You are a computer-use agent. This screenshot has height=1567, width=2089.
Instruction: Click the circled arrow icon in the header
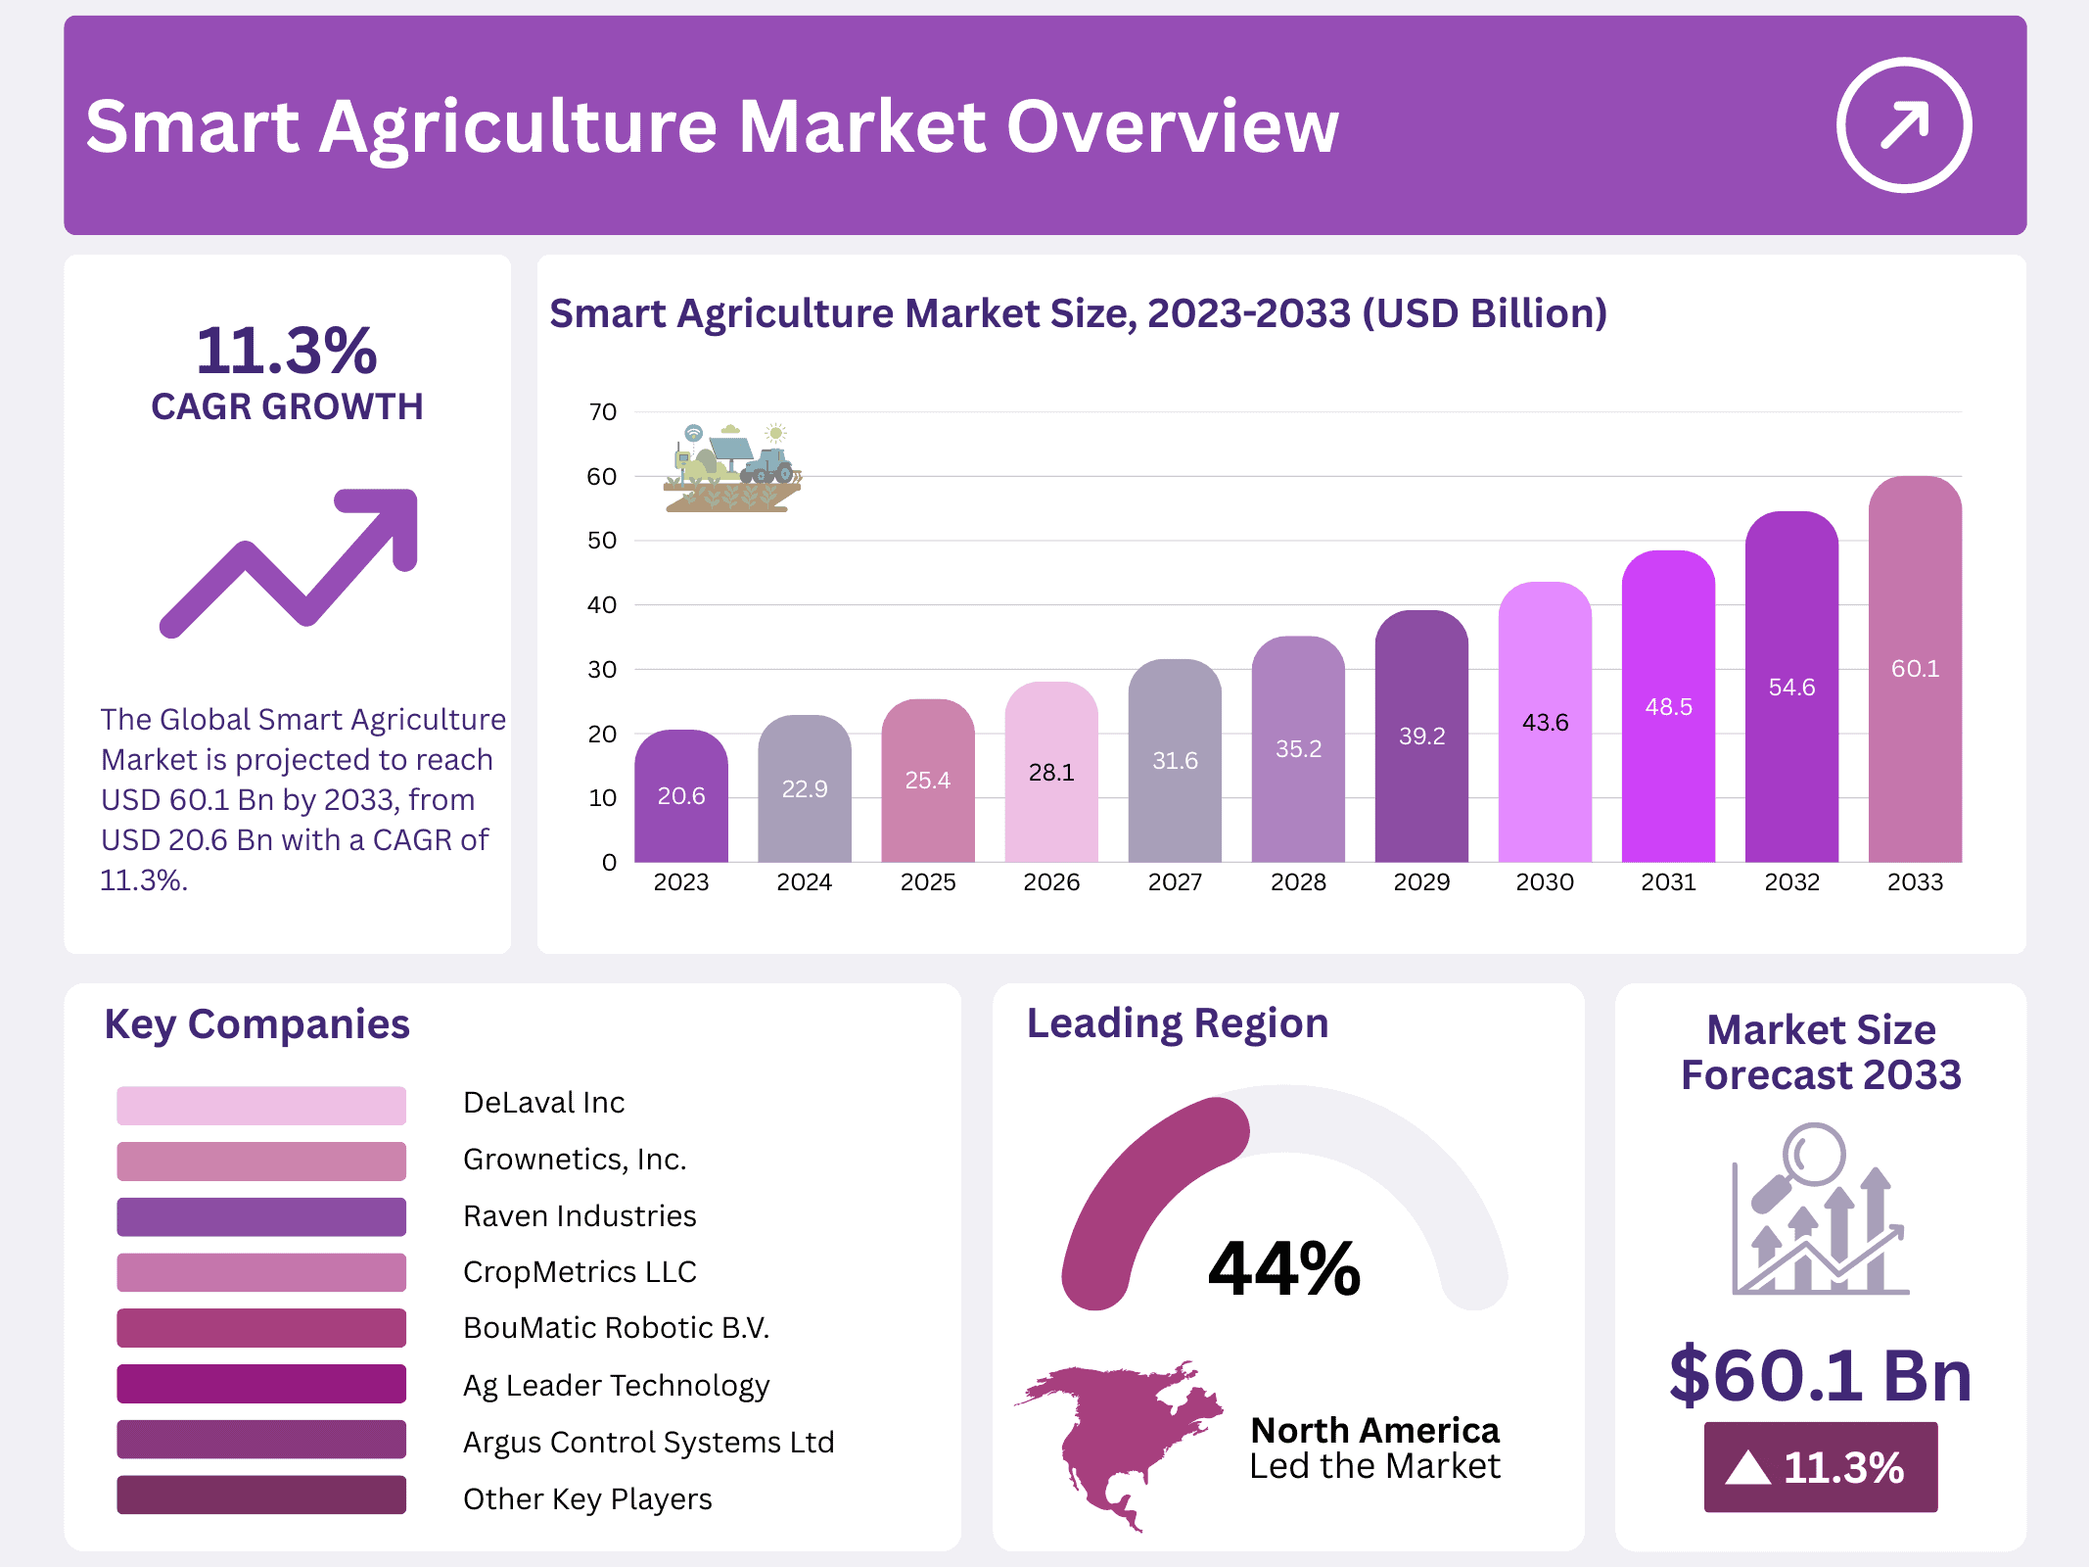click(x=1903, y=125)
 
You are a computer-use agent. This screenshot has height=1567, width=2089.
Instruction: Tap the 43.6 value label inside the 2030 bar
click(x=1545, y=723)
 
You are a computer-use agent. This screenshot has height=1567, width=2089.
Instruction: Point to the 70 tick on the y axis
click(x=602, y=412)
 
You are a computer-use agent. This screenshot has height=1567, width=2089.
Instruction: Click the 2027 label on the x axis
click(x=1175, y=882)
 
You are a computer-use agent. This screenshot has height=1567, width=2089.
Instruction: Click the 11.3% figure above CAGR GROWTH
click(x=286, y=351)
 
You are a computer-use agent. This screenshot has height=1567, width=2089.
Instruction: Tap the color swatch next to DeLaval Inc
click(x=260, y=1105)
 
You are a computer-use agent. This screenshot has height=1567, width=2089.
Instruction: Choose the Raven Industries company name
click(x=580, y=1215)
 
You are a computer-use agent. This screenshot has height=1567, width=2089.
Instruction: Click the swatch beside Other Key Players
click(x=260, y=1495)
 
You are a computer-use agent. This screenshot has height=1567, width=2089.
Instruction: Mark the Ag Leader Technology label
click(x=616, y=1385)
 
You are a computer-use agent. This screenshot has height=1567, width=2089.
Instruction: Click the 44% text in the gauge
click(x=1283, y=1268)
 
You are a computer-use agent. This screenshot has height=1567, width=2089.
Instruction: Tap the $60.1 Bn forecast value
click(x=1820, y=1375)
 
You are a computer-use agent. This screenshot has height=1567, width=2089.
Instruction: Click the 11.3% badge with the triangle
click(x=1820, y=1467)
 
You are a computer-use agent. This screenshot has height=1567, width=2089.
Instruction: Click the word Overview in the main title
click(x=1172, y=127)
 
